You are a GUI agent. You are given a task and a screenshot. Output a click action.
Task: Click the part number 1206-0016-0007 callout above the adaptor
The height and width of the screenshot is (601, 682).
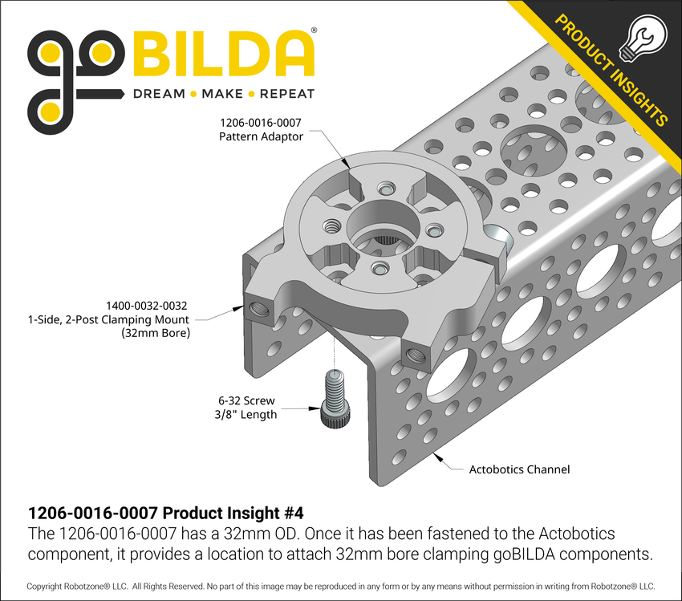[x=261, y=123]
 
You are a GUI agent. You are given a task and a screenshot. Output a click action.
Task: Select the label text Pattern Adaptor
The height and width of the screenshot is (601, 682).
[x=261, y=137]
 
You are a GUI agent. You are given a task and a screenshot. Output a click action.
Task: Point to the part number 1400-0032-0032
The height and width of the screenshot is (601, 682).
[x=147, y=305]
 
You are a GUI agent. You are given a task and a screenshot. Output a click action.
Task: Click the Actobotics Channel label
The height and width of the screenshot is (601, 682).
[x=519, y=469]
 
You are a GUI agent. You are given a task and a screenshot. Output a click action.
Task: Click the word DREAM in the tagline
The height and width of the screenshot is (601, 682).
[x=158, y=94]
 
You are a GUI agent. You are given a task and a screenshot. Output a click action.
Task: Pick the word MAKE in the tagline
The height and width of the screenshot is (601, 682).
[x=222, y=94]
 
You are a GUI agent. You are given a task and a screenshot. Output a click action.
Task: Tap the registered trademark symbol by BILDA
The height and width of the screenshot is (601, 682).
[x=313, y=30]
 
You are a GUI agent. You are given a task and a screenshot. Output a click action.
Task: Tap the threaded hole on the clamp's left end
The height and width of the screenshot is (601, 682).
[x=260, y=308]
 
